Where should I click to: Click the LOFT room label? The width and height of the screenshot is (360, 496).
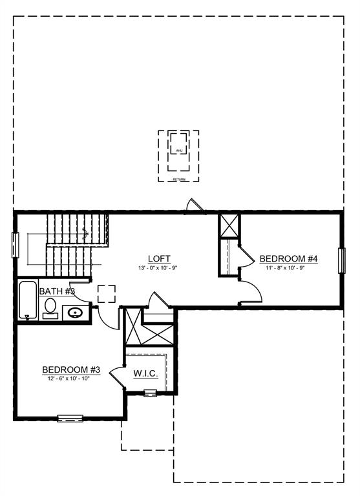[158, 258]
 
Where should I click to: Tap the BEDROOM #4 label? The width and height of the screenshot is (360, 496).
[289, 259]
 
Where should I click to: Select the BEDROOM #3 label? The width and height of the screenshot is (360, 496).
[71, 369]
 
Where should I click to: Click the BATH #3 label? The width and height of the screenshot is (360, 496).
[57, 291]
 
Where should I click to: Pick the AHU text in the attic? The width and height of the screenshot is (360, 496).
[179, 150]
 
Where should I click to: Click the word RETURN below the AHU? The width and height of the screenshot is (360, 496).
[178, 180]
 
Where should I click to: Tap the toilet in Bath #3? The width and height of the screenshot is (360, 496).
[50, 307]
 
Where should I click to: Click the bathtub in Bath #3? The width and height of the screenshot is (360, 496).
[28, 300]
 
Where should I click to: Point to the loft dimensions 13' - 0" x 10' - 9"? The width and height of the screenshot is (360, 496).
[158, 268]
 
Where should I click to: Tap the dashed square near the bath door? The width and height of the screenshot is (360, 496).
[107, 294]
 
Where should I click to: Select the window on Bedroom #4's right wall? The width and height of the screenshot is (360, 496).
[343, 260]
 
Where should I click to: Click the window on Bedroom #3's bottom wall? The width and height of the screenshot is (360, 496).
[70, 418]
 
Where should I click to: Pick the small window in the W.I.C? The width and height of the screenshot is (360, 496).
[150, 393]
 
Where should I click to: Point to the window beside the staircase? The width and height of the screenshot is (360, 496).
[15, 245]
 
